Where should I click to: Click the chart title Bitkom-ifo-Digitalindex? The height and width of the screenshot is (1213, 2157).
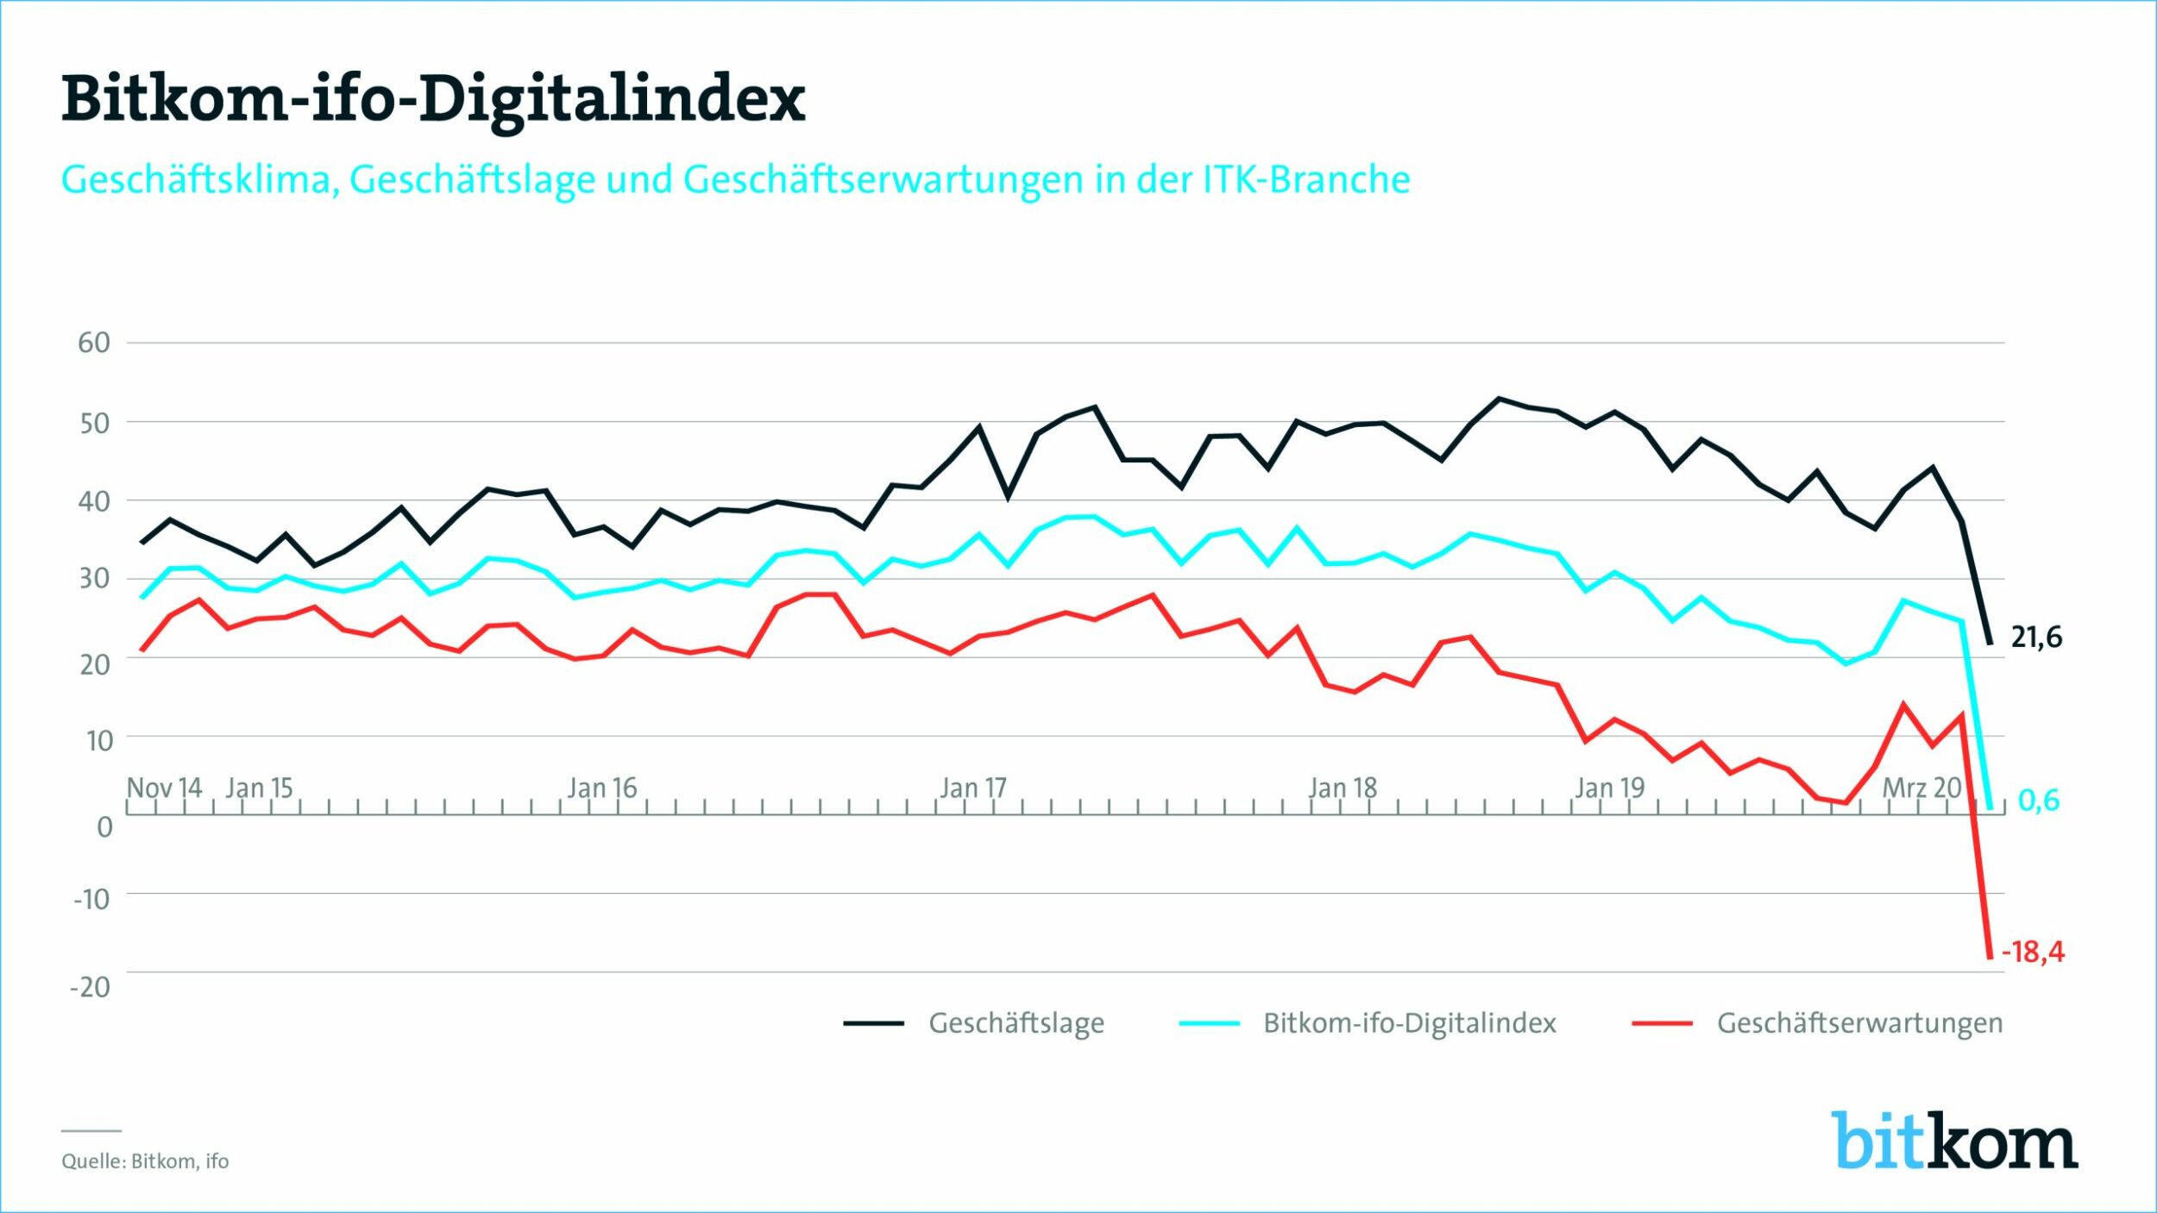point(433,99)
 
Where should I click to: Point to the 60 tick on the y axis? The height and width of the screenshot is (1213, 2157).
point(94,343)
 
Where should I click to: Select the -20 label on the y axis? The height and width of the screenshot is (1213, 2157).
point(91,987)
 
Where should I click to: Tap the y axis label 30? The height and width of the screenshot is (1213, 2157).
point(94,578)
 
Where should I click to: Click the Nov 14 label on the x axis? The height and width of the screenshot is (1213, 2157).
point(164,788)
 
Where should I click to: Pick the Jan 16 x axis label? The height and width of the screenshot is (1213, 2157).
point(601,788)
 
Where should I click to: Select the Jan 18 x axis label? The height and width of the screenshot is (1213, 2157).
point(1343,788)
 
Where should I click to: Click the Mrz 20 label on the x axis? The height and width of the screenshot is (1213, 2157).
point(1921,788)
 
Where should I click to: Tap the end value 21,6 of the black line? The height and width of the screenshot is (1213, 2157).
point(2036,638)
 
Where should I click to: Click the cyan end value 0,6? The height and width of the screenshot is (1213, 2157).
point(2039,801)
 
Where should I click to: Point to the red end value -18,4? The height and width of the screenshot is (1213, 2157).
point(2033,952)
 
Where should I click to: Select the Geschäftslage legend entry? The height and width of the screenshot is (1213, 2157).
point(1016,1023)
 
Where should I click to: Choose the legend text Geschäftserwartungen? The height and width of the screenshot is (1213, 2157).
point(1859,1023)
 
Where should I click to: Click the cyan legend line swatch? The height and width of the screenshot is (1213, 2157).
point(1210,1023)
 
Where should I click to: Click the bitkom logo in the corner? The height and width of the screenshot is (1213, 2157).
point(1954,1141)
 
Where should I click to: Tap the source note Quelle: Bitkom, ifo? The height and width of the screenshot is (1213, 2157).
point(145,1161)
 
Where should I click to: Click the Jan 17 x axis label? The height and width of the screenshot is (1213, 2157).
point(973,788)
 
